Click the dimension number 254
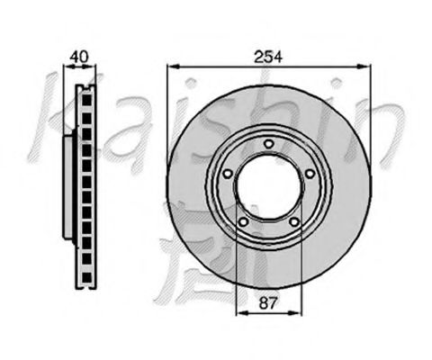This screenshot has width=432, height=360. point(268,57)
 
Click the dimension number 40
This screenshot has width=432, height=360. point(79,57)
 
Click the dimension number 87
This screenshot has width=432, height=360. point(267,303)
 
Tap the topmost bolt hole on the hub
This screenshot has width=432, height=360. point(269,144)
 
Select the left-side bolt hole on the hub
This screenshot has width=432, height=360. point(228,174)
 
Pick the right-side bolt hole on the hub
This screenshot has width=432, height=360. point(310,173)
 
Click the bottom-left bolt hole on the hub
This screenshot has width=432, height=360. point(244,222)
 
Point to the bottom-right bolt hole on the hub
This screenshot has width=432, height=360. point(294,222)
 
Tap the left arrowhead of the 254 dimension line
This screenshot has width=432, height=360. point(174,67)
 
